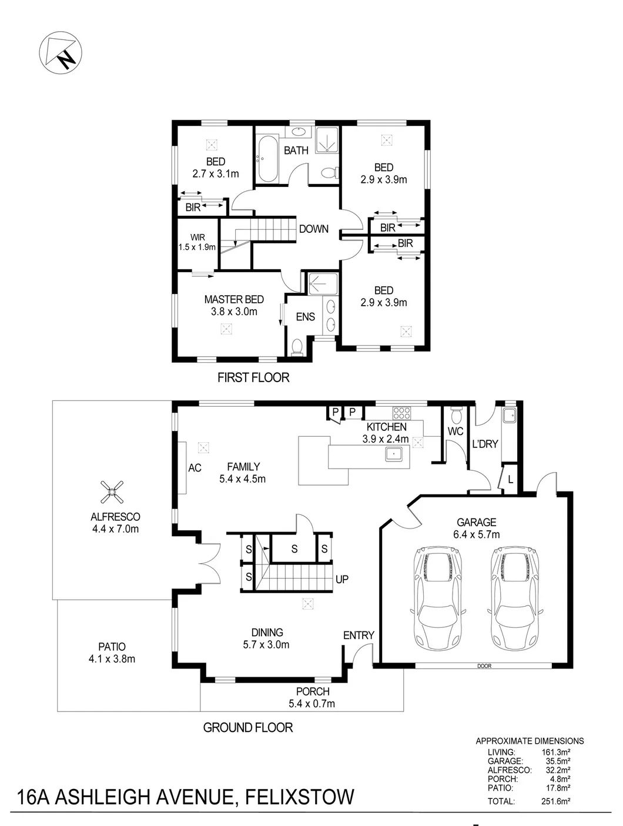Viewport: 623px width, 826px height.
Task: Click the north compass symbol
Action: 61,52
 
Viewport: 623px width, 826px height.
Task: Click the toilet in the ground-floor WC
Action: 455,416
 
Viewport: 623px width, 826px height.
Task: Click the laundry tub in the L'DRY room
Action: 510,416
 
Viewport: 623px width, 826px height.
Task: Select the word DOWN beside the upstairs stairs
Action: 313,229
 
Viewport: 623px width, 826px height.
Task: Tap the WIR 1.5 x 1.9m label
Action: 197,242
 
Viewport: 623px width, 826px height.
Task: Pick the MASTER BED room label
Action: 234,300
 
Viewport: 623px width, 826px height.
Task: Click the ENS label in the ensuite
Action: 305,317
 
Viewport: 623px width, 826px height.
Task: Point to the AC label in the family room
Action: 195,468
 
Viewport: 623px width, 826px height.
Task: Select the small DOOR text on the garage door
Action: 484,666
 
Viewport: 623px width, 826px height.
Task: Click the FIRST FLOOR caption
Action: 253,377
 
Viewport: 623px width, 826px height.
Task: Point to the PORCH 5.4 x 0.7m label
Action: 312,697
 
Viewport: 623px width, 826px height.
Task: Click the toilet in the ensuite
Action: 297,347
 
